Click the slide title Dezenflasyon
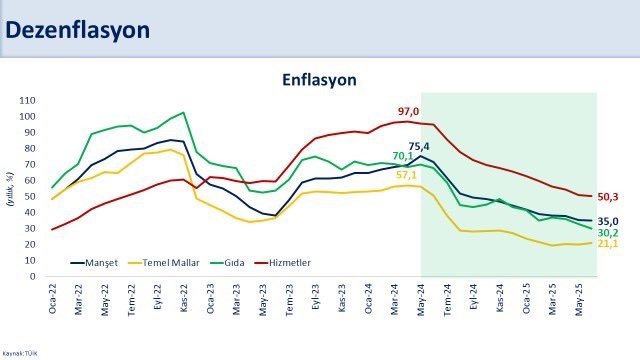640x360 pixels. click(78, 30)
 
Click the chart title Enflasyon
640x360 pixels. click(319, 79)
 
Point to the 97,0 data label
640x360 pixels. click(407, 111)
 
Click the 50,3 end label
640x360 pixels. click(609, 196)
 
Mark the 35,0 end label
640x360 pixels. click(609, 221)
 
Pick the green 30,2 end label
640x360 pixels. click(609, 232)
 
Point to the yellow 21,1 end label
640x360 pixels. click(609, 243)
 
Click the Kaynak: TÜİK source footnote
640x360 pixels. click(19, 353)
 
